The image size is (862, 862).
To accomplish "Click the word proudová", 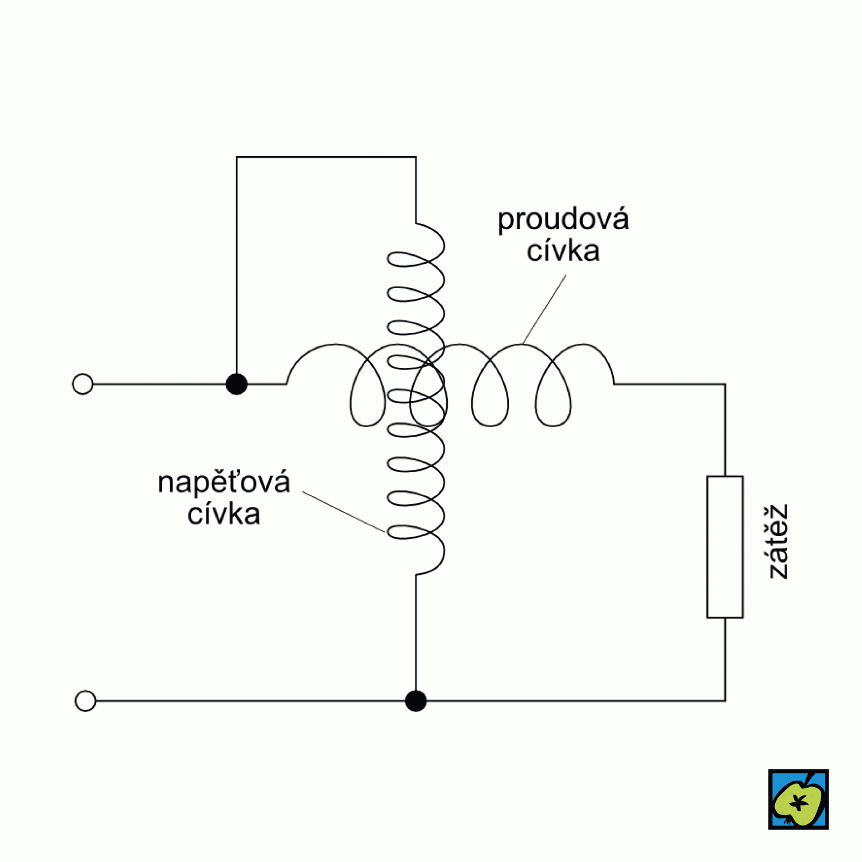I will point(563,220).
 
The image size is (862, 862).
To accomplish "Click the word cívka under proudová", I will point(563,252).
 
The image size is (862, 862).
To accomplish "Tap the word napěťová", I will point(224,483).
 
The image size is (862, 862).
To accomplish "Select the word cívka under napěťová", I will point(224,515).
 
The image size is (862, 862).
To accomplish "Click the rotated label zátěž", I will point(778,541).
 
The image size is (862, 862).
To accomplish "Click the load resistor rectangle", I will point(725,547).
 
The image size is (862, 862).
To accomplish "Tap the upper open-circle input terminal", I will point(82,384).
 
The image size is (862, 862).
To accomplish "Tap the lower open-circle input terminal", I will point(85,701).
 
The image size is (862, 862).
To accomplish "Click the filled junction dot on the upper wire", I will point(237,384).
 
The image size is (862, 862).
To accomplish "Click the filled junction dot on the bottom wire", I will point(415,701).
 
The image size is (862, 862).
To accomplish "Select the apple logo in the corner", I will point(798,799).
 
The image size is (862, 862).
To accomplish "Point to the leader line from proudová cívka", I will point(544,309).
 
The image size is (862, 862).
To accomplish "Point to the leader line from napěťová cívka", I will point(344,512).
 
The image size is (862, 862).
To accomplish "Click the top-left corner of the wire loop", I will point(237,157).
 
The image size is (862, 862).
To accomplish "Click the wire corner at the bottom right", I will point(725,701).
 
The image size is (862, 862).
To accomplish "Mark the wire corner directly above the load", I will point(725,384).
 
